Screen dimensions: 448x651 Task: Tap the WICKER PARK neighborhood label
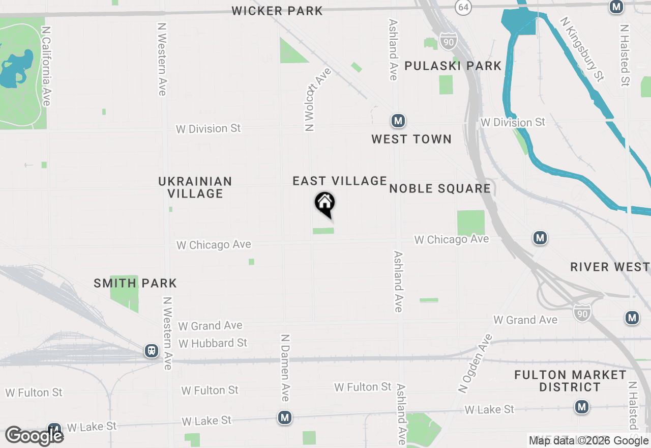[x=277, y=11]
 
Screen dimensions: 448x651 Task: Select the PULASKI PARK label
[x=453, y=66]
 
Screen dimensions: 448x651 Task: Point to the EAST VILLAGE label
[x=340, y=181]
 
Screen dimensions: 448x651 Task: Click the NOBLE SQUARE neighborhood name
[x=440, y=189]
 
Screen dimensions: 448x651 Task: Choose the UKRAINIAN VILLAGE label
[x=195, y=187]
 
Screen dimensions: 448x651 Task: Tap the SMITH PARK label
[x=135, y=283]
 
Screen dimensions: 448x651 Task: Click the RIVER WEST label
[x=610, y=267]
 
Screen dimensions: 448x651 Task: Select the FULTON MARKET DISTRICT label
[x=570, y=381]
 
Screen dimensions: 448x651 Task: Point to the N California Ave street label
[x=46, y=66]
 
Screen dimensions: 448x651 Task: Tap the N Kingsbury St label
[x=582, y=49]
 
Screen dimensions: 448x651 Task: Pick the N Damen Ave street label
[x=285, y=367]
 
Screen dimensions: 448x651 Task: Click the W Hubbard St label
[x=213, y=344]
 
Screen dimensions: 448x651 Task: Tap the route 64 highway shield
[x=463, y=7]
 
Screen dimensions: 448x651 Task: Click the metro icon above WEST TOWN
[x=398, y=121]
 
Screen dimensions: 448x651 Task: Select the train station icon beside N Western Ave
[x=151, y=351]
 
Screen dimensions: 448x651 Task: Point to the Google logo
[x=34, y=436]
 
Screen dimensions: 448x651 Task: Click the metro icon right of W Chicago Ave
[x=540, y=238]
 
